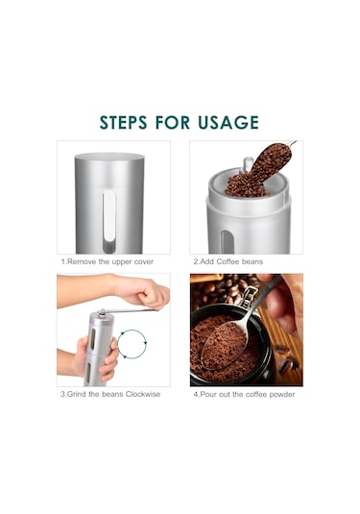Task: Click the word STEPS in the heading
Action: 123,123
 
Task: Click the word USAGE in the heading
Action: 228,123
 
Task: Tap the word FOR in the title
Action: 172,123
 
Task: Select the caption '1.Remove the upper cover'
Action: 108,262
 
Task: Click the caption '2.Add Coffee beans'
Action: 228,261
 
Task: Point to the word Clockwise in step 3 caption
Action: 143,394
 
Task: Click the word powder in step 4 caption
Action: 282,394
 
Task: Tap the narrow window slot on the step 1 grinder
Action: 109,221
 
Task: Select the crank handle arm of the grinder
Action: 130,310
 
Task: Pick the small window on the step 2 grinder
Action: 228,242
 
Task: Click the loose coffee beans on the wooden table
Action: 288,360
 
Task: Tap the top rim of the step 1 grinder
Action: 109,156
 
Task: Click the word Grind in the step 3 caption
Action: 77,394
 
